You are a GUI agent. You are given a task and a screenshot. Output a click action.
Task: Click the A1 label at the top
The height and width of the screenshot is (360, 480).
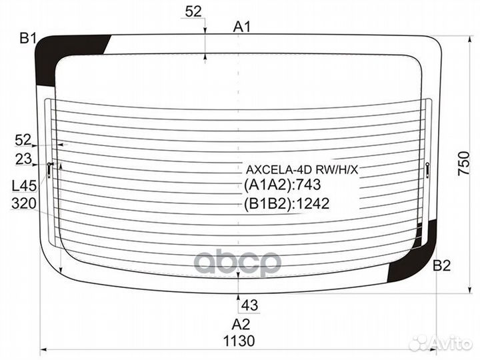tap(241, 27)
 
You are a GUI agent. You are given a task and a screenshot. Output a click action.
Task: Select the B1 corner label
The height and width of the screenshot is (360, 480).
tap(27, 38)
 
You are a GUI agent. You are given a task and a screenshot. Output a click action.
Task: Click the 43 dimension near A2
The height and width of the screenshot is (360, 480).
tap(249, 305)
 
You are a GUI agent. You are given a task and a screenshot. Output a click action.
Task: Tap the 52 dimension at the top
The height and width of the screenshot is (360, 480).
tap(193, 11)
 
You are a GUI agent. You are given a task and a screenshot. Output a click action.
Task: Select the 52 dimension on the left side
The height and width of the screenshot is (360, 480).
tap(23, 140)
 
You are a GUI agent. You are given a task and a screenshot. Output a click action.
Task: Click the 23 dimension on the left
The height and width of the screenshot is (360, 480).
tap(23, 159)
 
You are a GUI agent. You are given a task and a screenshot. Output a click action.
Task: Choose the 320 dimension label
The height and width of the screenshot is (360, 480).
tap(23, 203)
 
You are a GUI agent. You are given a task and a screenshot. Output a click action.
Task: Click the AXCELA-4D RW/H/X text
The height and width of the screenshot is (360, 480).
tap(302, 169)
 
